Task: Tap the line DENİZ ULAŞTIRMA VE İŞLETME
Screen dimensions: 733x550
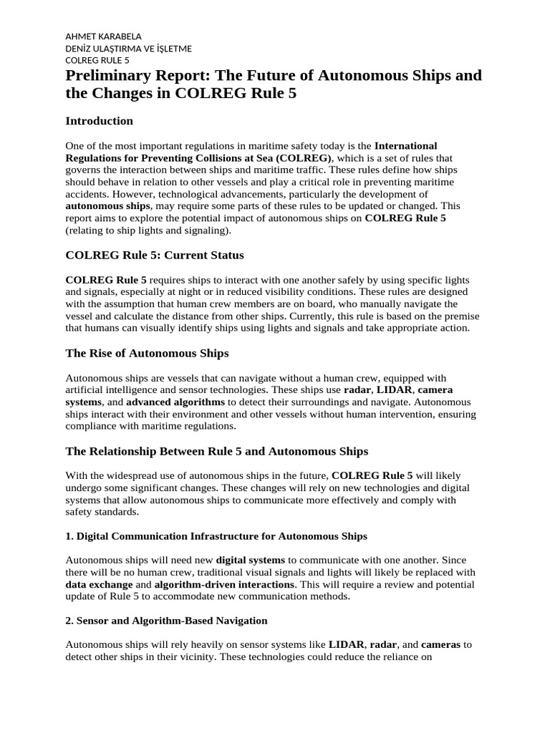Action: (128, 49)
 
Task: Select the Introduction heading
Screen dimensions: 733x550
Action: (99, 120)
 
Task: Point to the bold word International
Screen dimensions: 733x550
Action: (405, 146)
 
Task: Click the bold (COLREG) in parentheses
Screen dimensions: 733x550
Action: (304, 157)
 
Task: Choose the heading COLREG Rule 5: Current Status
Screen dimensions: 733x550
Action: (155, 255)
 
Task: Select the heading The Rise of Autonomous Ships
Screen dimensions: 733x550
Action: (147, 353)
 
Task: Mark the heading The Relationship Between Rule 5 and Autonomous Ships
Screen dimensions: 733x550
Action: (216, 451)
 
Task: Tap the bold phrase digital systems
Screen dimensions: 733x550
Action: (251, 560)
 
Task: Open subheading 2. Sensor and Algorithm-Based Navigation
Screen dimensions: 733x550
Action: (166, 620)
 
